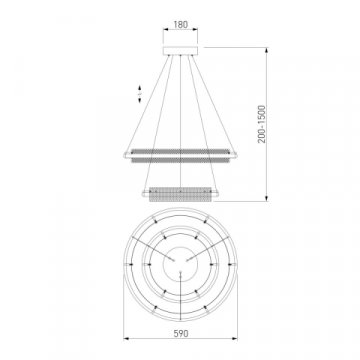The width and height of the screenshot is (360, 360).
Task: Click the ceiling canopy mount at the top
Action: point(180,47)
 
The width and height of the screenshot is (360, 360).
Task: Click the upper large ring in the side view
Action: point(180,152)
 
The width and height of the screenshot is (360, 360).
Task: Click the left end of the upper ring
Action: point(124,152)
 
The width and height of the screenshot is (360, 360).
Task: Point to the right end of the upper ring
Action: point(236,152)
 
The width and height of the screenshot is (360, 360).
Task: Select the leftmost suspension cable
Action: point(145,105)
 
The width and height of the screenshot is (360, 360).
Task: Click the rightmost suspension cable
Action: point(215,105)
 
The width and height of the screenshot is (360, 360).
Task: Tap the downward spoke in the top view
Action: point(180,285)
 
